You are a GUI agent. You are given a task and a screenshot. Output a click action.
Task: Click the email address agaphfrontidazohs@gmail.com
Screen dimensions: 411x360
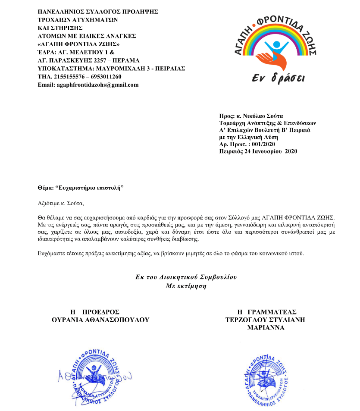click(98, 85)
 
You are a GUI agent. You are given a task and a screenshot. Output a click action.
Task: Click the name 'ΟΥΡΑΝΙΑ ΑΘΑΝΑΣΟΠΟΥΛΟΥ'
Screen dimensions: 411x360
click(100, 320)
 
